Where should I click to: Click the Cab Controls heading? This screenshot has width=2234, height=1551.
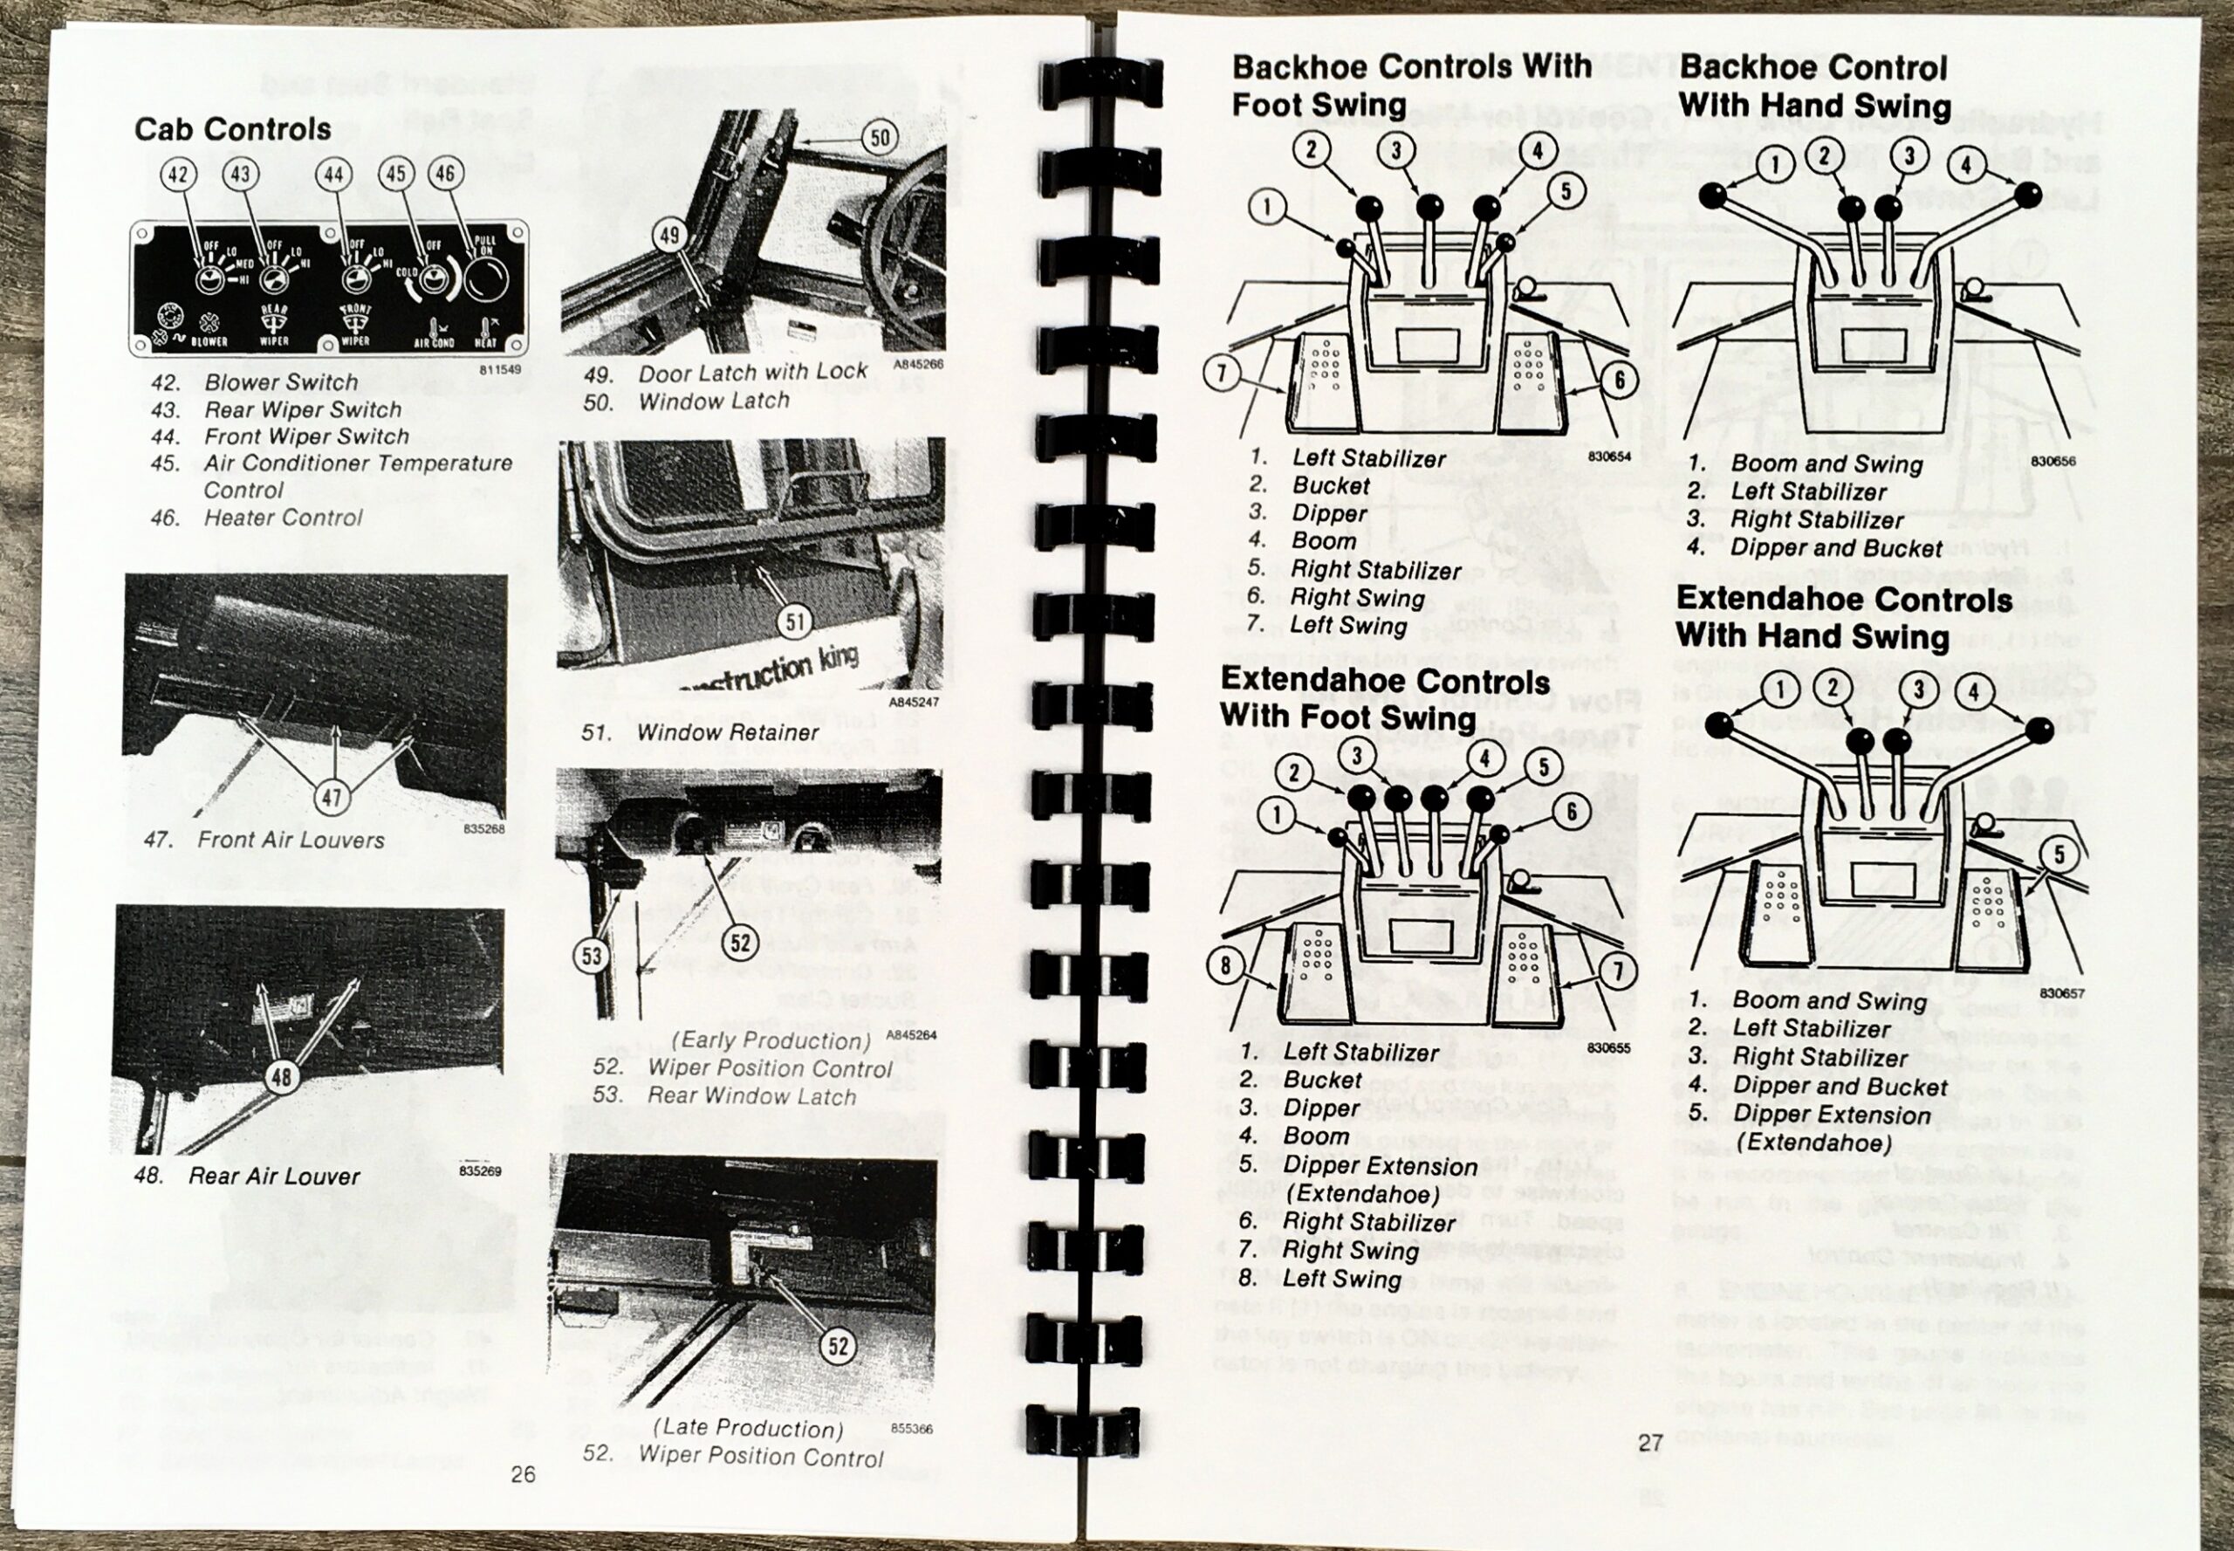(232, 129)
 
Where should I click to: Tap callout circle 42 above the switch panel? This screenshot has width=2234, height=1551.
(179, 175)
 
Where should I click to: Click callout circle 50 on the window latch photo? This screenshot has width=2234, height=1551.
(880, 137)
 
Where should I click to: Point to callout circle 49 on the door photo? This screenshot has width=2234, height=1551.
(669, 234)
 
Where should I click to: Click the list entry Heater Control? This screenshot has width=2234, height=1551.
(283, 518)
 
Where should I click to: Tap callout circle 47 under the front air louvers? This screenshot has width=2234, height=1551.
(332, 798)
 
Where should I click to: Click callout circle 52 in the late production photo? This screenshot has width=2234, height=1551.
(838, 1346)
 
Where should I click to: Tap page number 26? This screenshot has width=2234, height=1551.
(523, 1474)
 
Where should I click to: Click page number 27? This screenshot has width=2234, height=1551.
(1651, 1442)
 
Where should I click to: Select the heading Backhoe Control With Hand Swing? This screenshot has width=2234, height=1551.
(1813, 86)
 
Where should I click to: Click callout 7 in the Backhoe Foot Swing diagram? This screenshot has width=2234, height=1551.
(1222, 372)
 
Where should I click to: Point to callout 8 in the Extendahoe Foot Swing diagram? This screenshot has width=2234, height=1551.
(1225, 965)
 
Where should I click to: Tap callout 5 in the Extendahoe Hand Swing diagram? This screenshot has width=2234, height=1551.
(2058, 855)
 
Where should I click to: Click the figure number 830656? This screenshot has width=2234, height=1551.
(2053, 461)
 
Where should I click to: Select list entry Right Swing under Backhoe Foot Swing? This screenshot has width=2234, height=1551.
(1356, 598)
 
